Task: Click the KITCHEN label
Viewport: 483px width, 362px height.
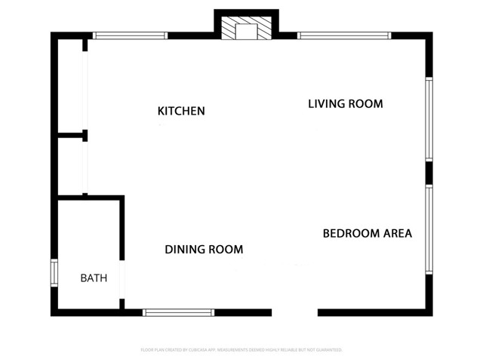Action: pos(181,111)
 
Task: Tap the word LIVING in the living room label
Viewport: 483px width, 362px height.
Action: pos(327,104)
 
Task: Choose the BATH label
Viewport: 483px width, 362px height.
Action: pos(94,278)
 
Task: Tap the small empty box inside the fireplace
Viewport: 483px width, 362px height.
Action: pos(246,32)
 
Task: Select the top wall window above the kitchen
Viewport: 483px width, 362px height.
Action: pos(129,35)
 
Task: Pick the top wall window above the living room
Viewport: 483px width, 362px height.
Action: pos(344,35)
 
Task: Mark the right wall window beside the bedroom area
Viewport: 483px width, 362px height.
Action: pos(429,229)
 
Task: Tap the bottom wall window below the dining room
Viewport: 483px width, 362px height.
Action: pos(179,312)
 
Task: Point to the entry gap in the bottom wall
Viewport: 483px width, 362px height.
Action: pos(294,312)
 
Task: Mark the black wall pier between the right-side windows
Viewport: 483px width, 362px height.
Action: pos(429,173)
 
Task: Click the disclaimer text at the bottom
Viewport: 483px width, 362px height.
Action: pos(241,350)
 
